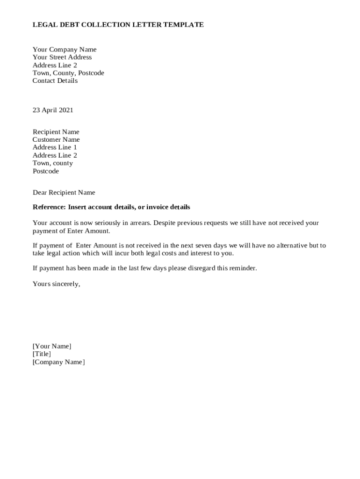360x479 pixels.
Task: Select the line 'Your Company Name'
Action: point(65,50)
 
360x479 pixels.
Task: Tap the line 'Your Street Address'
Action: point(62,58)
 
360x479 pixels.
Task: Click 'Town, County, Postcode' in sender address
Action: point(68,73)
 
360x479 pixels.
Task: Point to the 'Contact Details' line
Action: point(55,81)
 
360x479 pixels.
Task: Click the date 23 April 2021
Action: point(53,110)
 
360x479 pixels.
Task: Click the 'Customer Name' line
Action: point(56,140)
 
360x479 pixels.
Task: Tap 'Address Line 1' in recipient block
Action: point(55,147)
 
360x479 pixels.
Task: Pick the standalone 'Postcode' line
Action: point(46,171)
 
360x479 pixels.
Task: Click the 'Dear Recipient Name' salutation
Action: point(64,193)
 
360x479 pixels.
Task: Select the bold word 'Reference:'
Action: point(49,207)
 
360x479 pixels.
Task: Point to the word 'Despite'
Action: point(165,223)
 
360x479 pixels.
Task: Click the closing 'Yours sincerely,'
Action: point(56,284)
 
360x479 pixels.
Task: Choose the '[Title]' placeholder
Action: point(42,354)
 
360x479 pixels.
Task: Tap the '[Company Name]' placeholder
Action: point(58,362)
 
